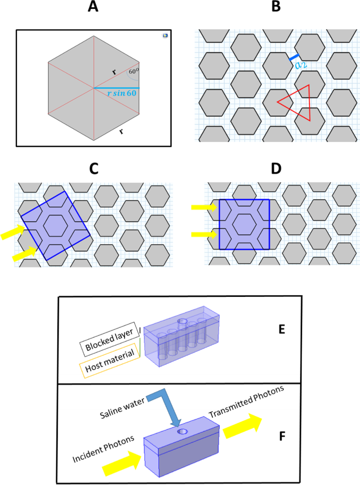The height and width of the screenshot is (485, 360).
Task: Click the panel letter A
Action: pyautogui.click(x=94, y=8)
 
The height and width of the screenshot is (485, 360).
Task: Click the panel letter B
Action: pyautogui.click(x=274, y=8)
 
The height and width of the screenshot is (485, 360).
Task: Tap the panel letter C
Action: pyautogui.click(x=94, y=169)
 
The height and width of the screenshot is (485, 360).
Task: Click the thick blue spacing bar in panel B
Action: pyautogui.click(x=294, y=56)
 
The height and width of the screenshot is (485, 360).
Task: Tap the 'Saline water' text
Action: pyautogui.click(x=118, y=403)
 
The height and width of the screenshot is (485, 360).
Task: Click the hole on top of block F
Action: pyautogui.click(x=182, y=431)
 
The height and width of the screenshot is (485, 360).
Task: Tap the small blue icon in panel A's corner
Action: pyautogui.click(x=164, y=36)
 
